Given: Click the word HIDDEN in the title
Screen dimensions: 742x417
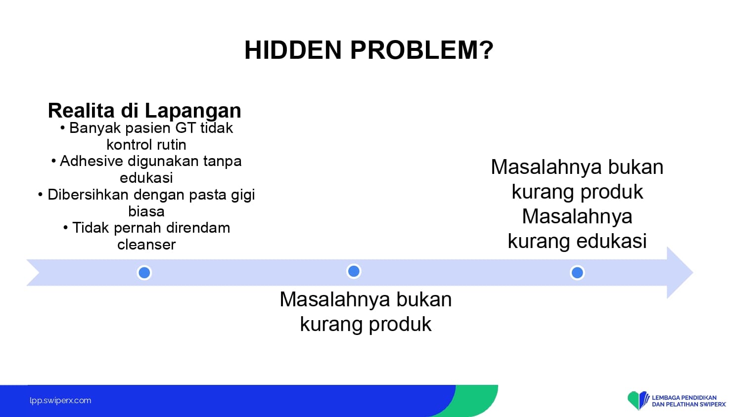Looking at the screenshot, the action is (293, 50).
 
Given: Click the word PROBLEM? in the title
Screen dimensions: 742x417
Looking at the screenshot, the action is (421, 50).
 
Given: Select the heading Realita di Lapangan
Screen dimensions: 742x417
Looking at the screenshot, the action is (144, 111).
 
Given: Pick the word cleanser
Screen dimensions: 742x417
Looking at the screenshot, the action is (146, 245).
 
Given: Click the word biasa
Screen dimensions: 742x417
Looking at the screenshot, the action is (146, 211).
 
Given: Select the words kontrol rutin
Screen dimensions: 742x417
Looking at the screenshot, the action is (146, 145).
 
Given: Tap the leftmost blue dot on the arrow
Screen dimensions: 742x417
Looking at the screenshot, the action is (144, 273).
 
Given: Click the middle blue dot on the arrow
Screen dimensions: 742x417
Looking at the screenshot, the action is (354, 271).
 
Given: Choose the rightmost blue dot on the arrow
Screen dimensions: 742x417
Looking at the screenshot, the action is (577, 273).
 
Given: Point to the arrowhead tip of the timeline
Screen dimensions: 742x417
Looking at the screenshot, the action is (693, 273).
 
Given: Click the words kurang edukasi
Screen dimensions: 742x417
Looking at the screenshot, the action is (577, 241).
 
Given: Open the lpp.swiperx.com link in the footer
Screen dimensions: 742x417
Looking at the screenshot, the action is (60, 401).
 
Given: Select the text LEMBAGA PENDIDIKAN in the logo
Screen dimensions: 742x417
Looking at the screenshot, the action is (684, 397).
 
